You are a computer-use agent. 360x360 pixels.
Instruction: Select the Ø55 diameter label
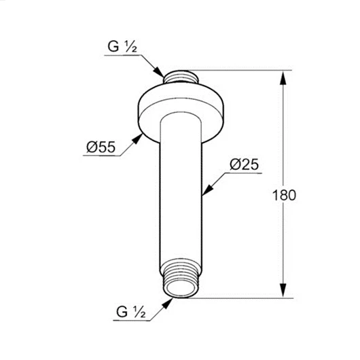click(99, 147)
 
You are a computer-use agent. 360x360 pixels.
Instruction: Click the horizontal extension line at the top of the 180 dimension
click(238, 69)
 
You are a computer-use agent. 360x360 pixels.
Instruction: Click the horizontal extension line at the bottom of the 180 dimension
click(238, 298)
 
